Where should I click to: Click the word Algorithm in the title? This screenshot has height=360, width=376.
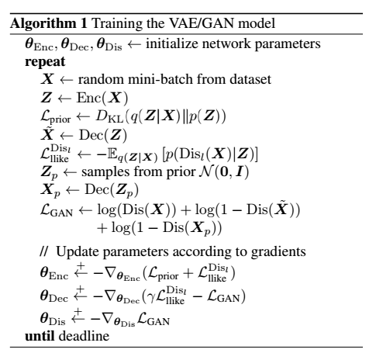pos(43,24)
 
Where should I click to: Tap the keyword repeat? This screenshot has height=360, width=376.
pos(45,62)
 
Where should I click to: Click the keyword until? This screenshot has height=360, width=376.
pos(40,336)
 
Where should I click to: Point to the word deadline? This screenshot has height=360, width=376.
pos(85,336)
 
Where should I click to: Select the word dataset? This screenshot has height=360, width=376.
pos(250,79)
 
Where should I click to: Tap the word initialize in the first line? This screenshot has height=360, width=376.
pos(172,43)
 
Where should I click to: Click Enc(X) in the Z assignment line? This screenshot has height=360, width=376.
pos(102,98)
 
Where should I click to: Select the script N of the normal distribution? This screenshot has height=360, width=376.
pos(205,171)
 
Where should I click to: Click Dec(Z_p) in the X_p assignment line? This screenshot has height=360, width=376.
pos(112,190)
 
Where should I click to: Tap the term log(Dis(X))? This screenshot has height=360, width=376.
pos(136,209)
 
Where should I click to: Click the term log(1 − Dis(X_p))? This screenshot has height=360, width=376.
pos(167,228)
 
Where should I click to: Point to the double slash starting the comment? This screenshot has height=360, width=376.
pos(44,251)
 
